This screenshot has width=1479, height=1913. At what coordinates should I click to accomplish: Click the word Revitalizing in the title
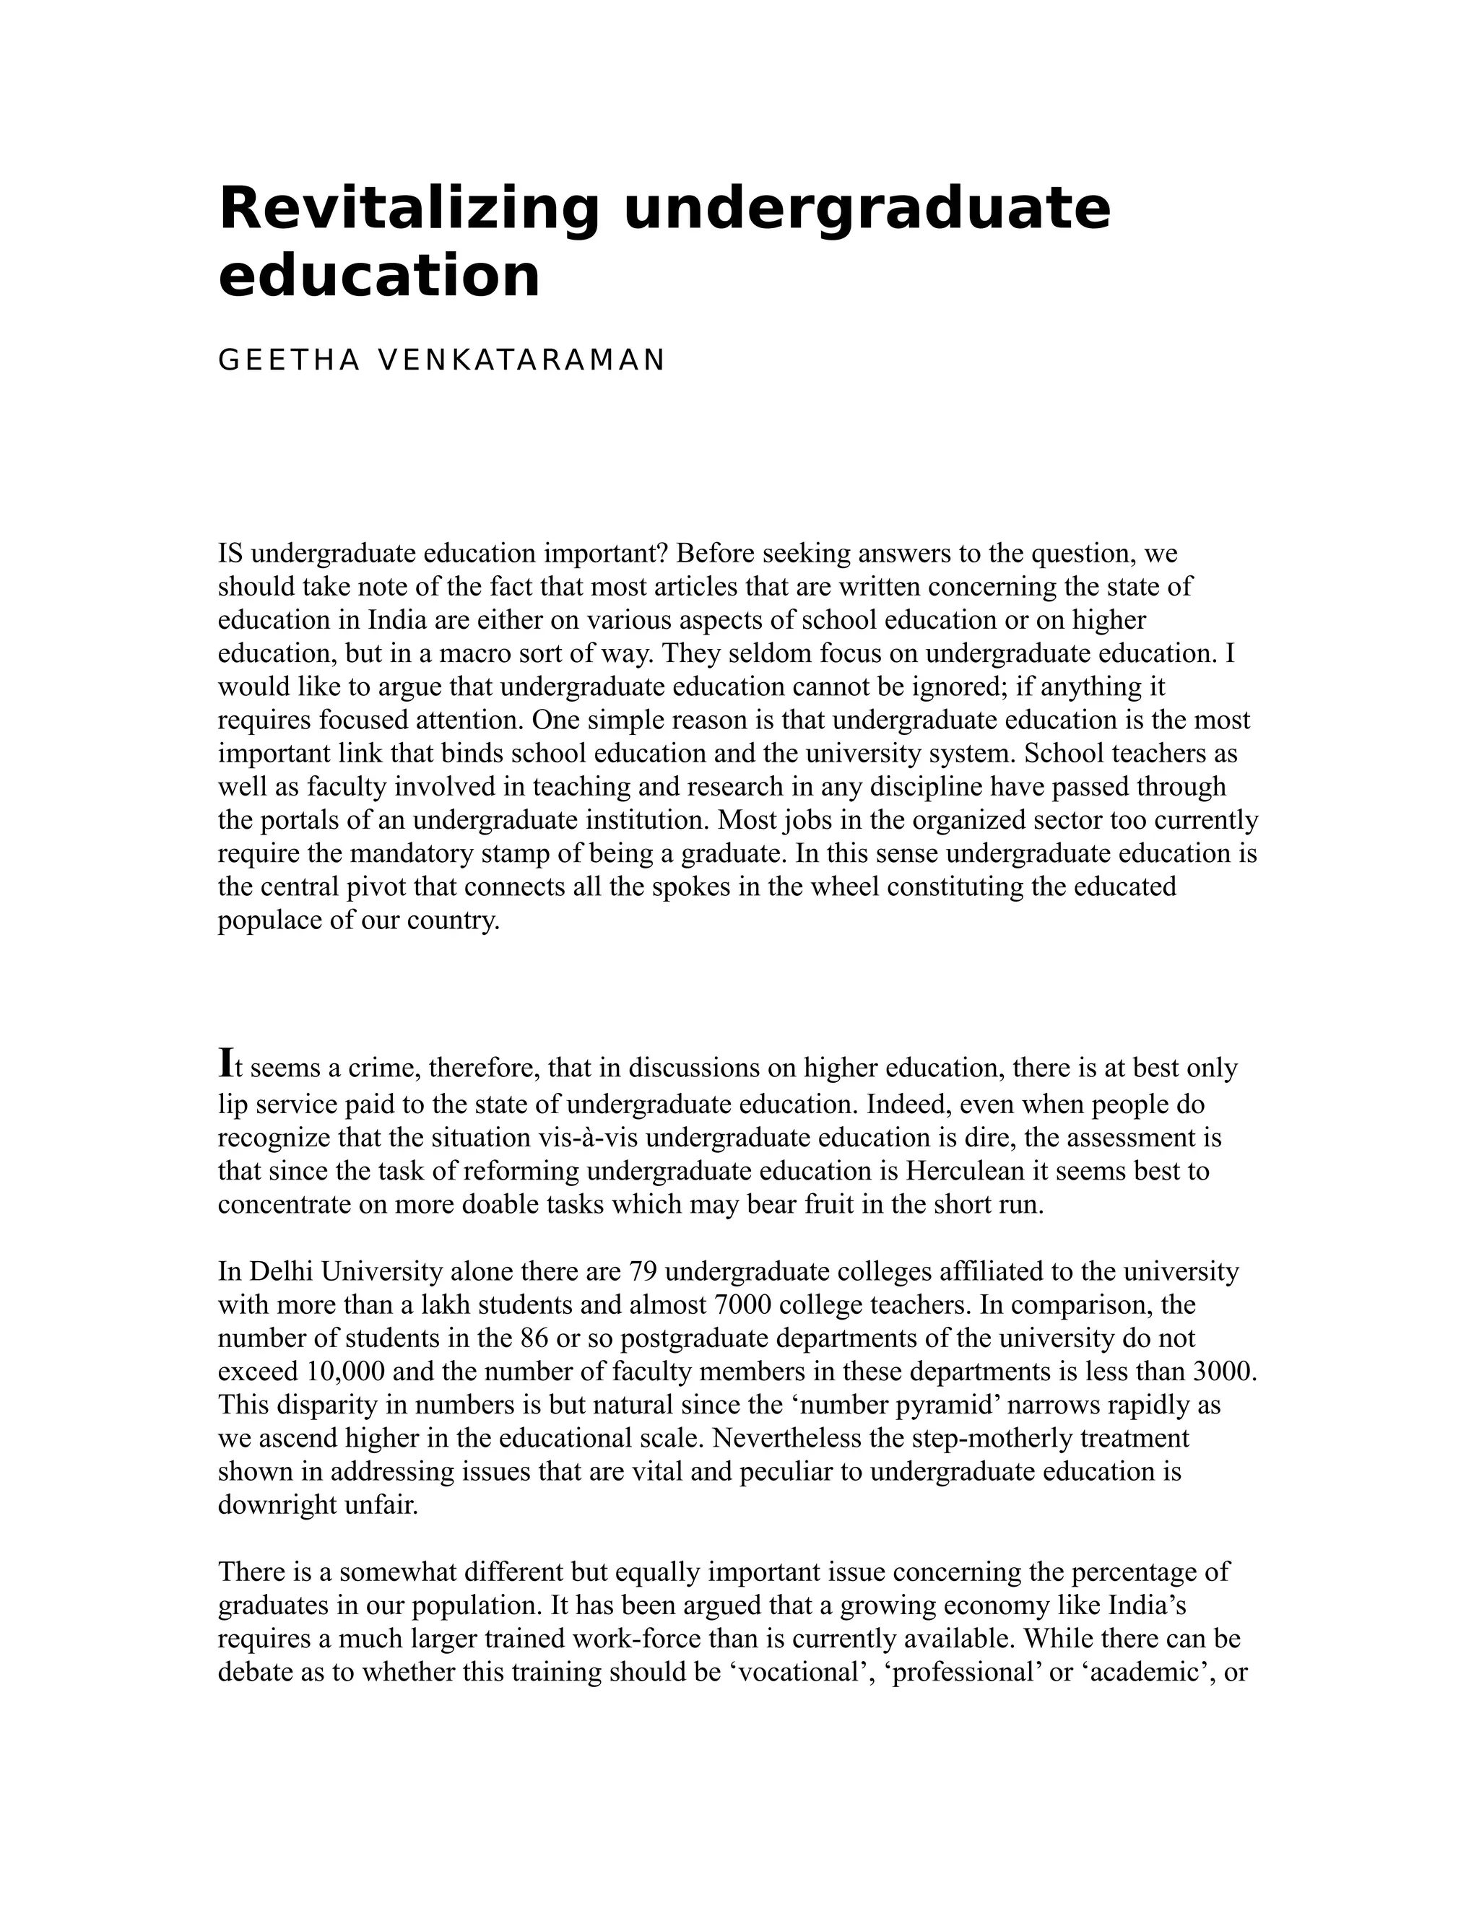tap(408, 209)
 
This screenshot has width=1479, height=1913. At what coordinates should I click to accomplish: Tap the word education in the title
tap(378, 276)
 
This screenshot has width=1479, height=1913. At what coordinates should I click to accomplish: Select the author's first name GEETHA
tap(288, 360)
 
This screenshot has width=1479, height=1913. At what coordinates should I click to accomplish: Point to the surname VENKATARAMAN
tap(521, 360)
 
